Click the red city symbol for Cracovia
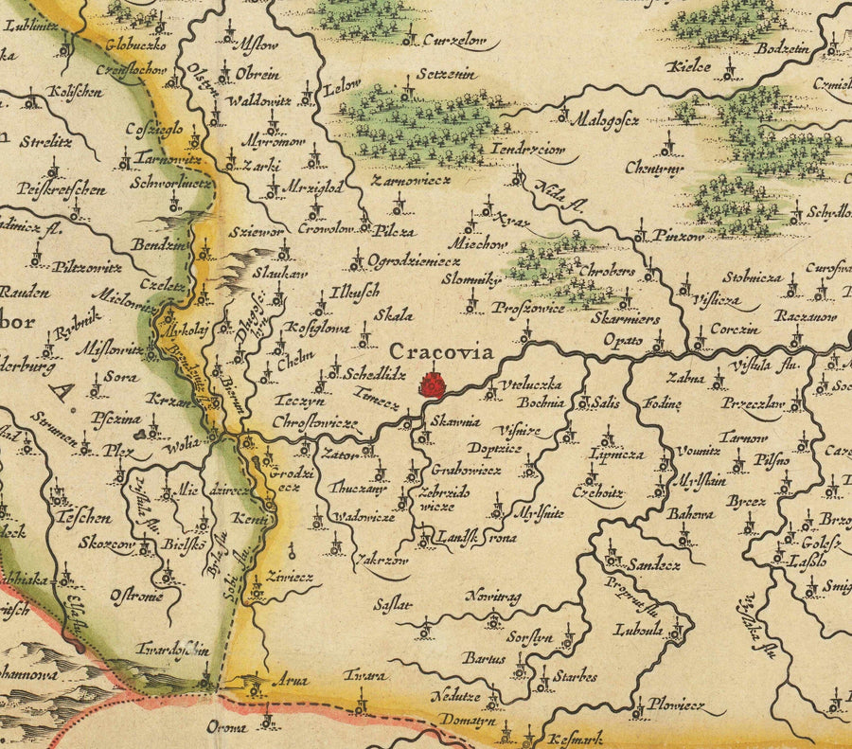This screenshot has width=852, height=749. [433, 384]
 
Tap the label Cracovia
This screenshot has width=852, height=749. [442, 352]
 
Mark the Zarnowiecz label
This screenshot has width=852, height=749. [411, 178]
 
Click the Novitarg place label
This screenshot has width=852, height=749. [493, 597]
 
